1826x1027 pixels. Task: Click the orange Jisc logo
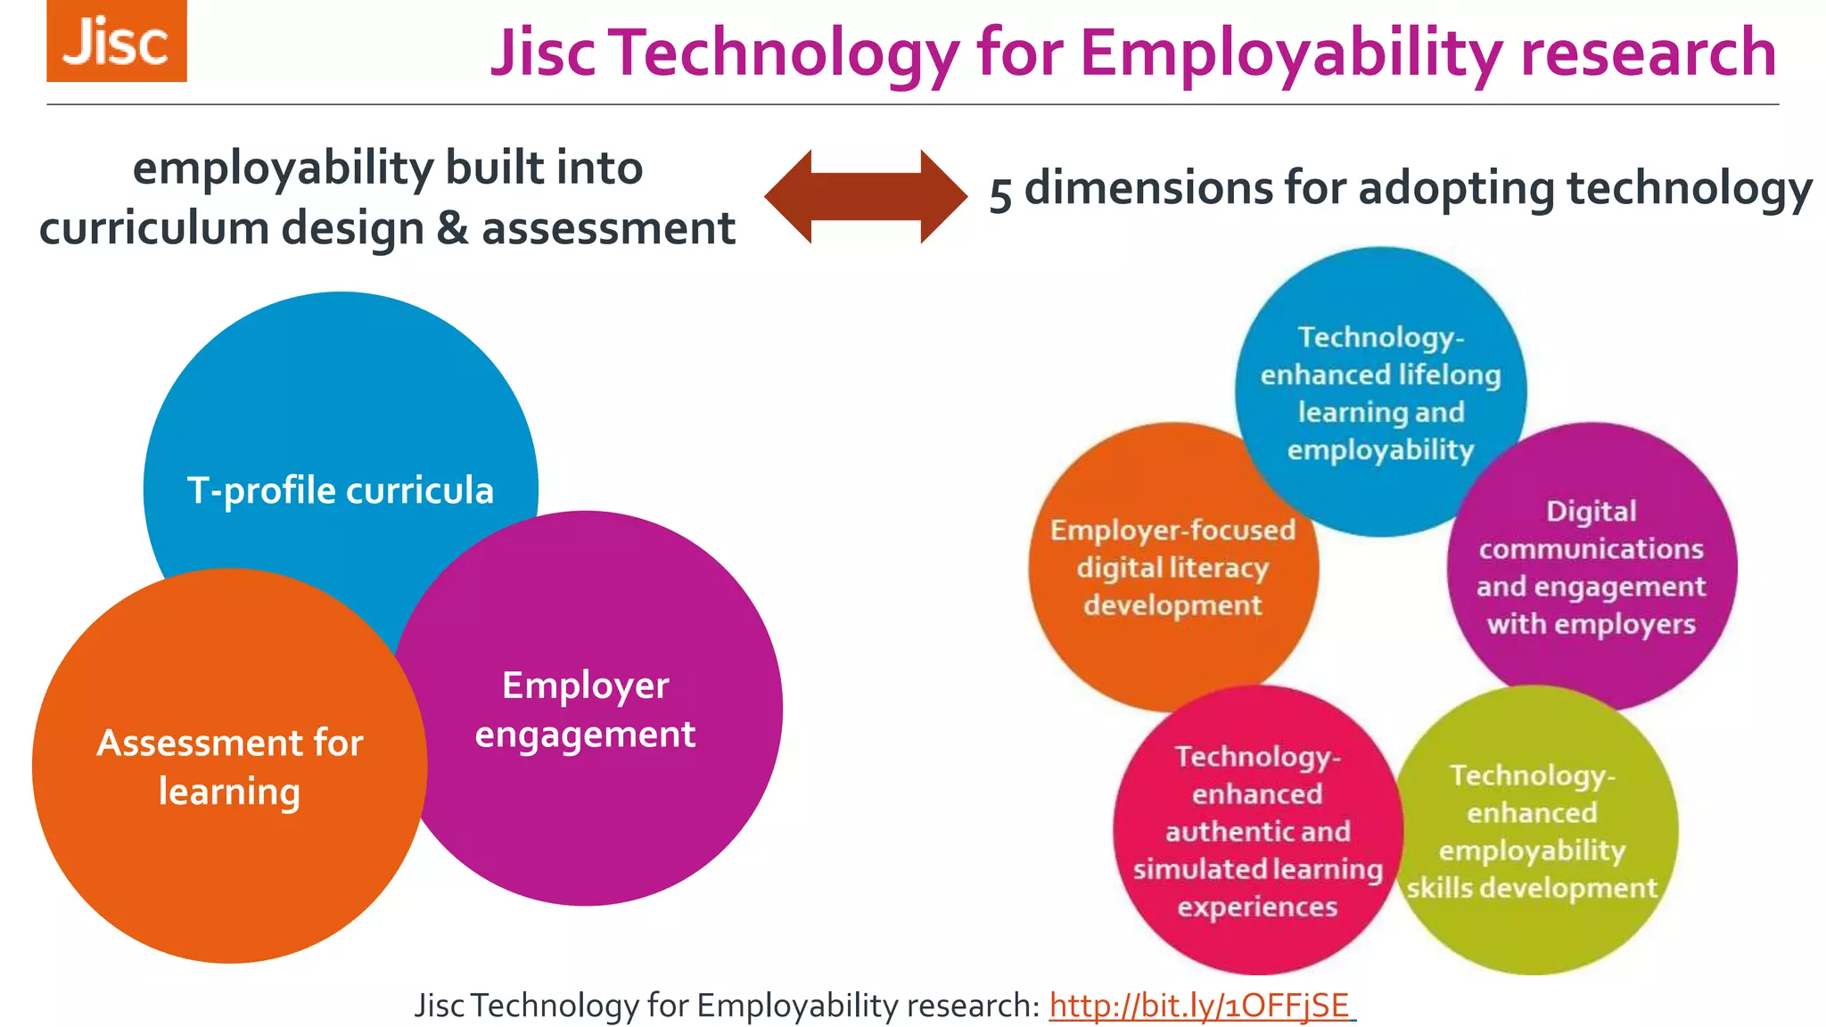tap(117, 42)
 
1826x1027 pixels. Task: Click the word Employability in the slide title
tap(1292, 53)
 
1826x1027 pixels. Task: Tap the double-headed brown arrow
tap(866, 197)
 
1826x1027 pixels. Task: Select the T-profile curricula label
tap(340, 491)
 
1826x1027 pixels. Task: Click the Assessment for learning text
tap(230, 767)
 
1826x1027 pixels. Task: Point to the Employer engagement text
tap(585, 710)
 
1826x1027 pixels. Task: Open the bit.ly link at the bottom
tap(1199, 1006)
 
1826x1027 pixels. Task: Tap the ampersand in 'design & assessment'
tap(453, 229)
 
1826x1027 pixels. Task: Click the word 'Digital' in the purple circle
tap(1592, 511)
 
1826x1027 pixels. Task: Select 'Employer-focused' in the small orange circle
tap(1172, 530)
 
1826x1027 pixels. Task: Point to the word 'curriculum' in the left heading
tap(154, 229)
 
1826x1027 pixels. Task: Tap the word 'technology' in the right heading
tap(1689, 189)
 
